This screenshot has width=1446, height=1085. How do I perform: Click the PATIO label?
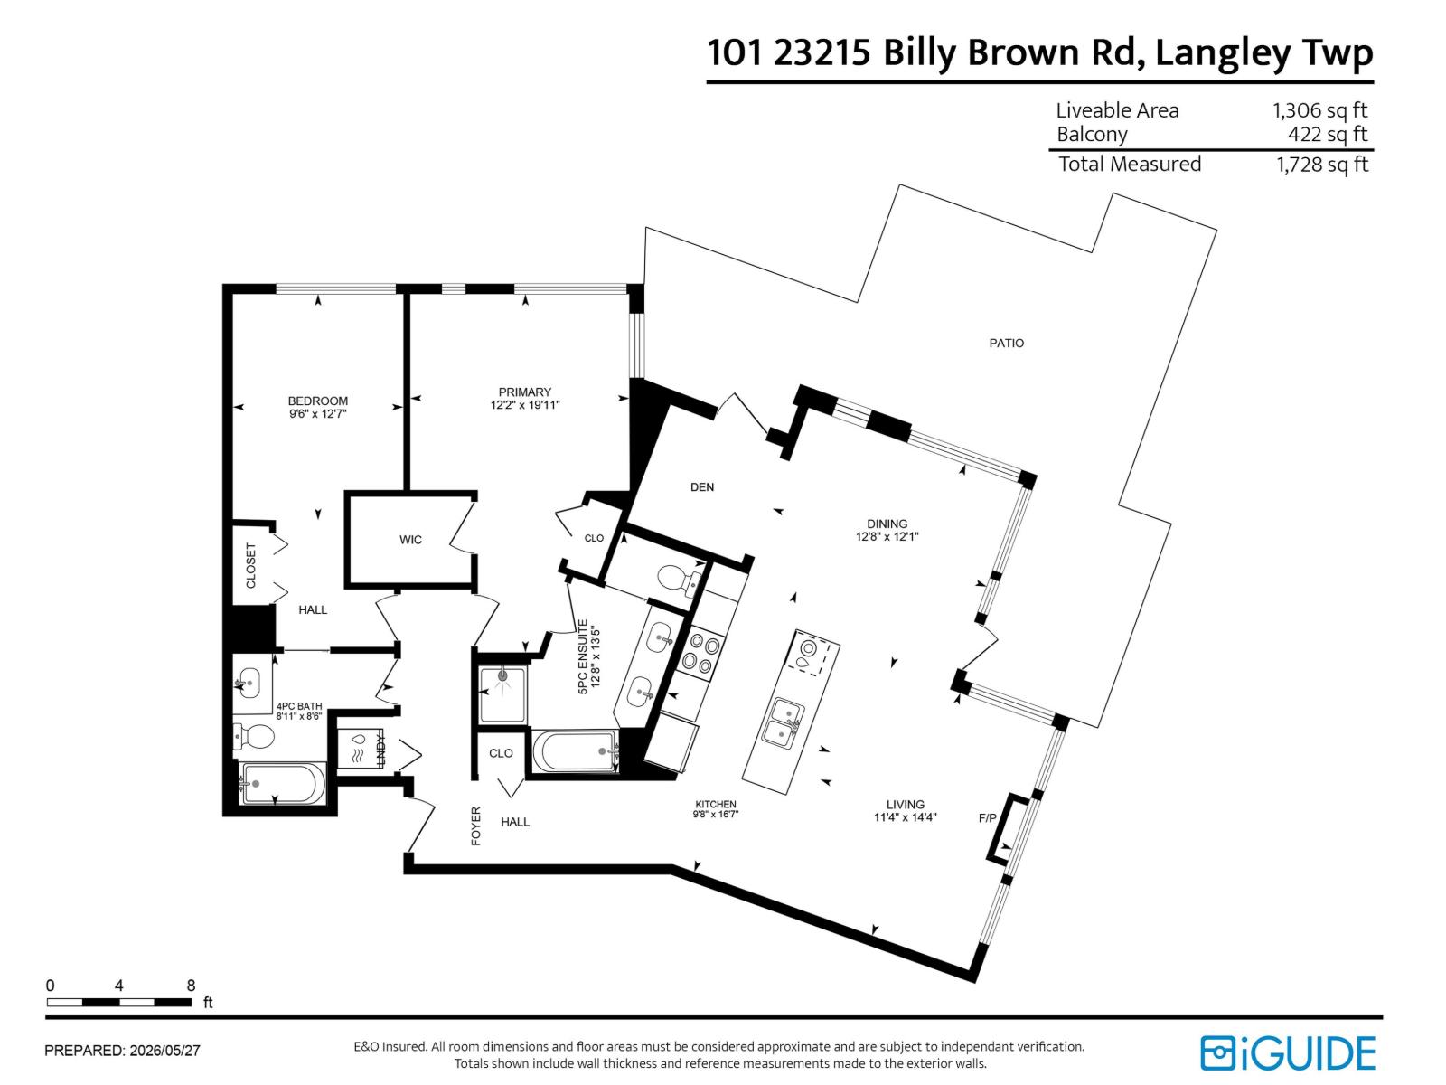(1006, 343)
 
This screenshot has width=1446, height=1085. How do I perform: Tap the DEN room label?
(701, 486)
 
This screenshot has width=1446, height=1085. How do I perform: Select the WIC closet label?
(409, 540)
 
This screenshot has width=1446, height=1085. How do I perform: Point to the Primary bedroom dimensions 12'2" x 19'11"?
(524, 405)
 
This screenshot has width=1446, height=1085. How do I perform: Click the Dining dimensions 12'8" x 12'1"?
(887, 537)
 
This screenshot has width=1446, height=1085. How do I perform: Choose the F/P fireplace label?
(988, 818)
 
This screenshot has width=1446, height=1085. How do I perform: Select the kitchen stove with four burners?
(701, 652)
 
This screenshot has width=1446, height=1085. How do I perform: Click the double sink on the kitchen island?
(784, 722)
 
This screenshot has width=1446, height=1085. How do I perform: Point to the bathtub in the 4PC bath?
(282, 783)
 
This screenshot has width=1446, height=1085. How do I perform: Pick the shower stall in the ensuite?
(502, 695)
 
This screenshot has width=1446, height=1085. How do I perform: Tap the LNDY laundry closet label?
(380, 751)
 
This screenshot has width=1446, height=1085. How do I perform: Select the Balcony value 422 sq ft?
(1328, 135)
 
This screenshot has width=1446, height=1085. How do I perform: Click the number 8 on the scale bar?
(191, 986)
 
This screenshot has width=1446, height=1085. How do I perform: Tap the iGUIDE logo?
(1287, 1053)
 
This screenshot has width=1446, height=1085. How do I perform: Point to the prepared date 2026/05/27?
(164, 1051)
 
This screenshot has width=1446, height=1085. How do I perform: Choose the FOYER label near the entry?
(475, 826)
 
